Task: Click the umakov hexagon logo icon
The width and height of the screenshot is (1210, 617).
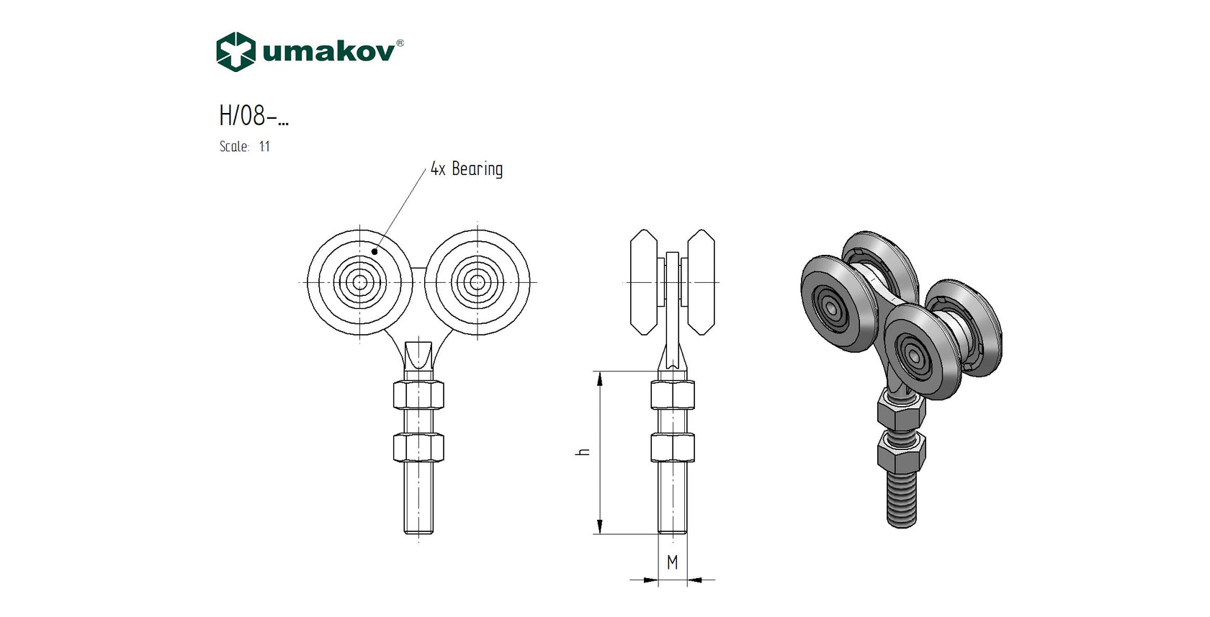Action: point(236,52)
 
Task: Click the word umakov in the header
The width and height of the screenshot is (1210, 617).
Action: point(328,52)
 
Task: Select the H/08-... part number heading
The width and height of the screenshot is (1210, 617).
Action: point(254,115)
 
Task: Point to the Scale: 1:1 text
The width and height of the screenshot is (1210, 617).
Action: point(244,146)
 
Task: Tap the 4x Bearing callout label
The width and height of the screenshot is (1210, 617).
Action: point(467,169)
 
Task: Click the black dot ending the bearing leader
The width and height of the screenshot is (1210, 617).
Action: point(375,251)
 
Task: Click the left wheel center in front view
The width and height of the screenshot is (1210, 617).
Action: point(360,282)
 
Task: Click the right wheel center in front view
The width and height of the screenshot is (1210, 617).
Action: point(478,282)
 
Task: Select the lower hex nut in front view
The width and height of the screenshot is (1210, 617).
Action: point(418,447)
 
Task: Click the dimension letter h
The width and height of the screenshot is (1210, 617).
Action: point(584,451)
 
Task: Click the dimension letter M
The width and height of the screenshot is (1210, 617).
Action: point(672,562)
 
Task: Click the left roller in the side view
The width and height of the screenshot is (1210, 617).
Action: point(644,282)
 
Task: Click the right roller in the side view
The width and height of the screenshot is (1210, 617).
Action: point(701,282)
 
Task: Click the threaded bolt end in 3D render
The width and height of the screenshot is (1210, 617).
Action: point(902,500)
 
